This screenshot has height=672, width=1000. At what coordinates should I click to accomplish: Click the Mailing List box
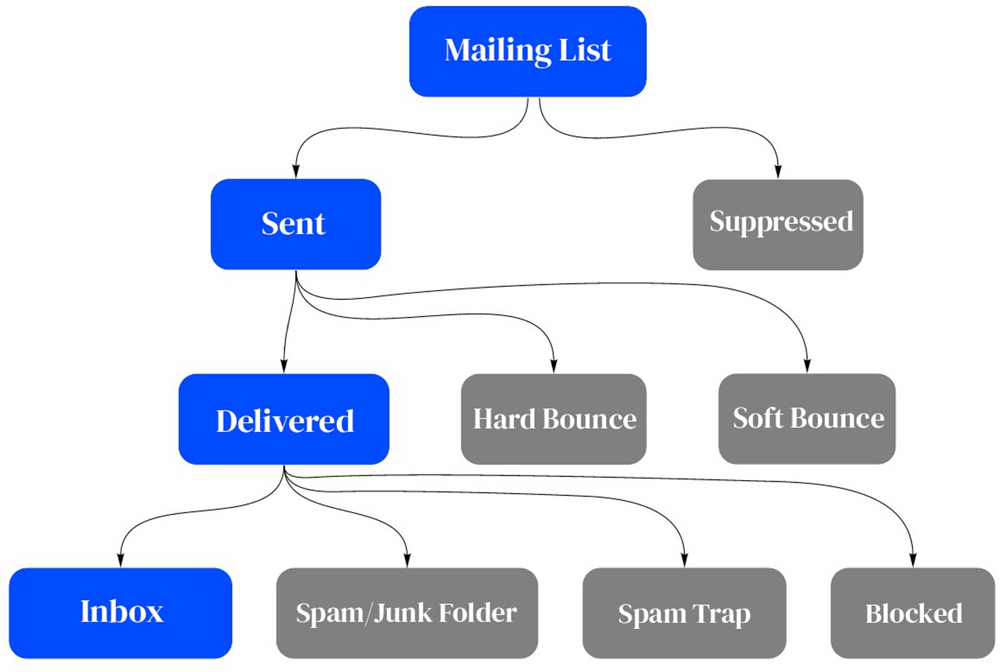(527, 51)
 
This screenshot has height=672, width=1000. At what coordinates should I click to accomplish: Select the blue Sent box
(295, 224)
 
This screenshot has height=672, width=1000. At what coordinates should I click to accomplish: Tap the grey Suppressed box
(777, 224)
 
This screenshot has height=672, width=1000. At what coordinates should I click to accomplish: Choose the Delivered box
(284, 419)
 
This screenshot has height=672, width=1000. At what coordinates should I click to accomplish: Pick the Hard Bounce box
(553, 419)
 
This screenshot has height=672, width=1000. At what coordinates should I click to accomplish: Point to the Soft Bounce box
(806, 418)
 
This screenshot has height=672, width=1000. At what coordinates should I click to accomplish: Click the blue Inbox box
(120, 612)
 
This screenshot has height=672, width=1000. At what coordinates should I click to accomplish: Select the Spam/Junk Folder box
(406, 613)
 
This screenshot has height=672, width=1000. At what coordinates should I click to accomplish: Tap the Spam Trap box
(684, 613)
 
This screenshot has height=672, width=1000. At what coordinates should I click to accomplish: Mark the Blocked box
(912, 613)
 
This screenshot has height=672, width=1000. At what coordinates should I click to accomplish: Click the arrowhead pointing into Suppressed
(778, 172)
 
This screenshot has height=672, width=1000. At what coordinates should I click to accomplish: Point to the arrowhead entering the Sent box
(296, 171)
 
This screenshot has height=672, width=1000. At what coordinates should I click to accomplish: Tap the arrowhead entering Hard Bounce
(554, 366)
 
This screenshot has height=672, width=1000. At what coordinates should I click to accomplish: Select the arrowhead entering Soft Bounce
(807, 366)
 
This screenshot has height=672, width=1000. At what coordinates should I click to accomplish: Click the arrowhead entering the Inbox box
(120, 560)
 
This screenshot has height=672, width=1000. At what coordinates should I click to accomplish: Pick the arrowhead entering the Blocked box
(912, 560)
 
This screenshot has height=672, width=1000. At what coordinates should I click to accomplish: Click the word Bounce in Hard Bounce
(589, 419)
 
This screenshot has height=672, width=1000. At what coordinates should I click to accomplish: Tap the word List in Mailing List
(584, 50)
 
